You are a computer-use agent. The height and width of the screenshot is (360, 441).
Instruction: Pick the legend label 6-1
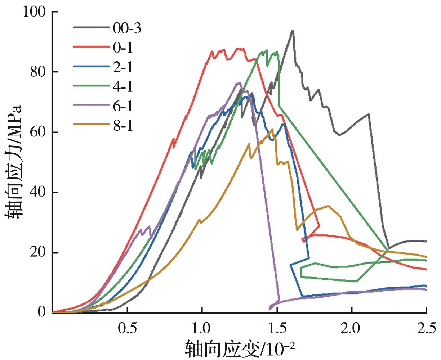point(123,106)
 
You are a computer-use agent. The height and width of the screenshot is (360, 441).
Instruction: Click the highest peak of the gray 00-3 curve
point(293,31)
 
